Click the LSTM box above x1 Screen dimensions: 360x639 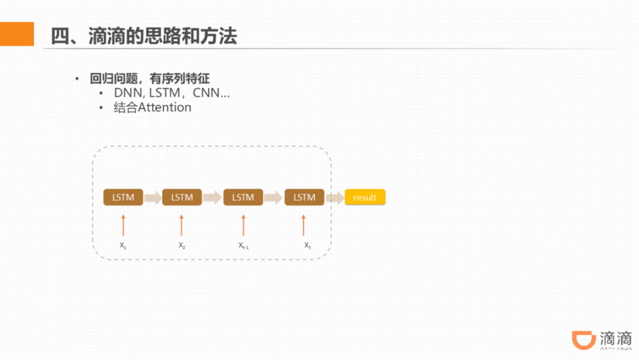pos(123,197)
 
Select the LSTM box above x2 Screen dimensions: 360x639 pos(182,197)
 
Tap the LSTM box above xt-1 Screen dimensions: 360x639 pos(243,197)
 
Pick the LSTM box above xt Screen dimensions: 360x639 pos(304,197)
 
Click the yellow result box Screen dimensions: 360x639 pos(364,197)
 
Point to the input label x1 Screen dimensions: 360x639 pos(122,245)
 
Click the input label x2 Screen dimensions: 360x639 pos(182,245)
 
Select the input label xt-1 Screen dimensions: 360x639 pos(243,245)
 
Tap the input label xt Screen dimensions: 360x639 pos(307,245)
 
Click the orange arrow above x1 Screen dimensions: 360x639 pos(123,225)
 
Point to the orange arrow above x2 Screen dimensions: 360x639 pos(182,225)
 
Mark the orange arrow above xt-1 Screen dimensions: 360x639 pos(243,225)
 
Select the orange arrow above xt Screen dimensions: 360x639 pos(304,225)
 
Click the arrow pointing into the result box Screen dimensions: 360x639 pos(335,197)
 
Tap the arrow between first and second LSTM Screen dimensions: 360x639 pos(153,197)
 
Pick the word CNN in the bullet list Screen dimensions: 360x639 pos(206,93)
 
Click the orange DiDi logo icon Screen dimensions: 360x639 pos(583,341)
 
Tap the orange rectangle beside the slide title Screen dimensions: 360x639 pos(17,34)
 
